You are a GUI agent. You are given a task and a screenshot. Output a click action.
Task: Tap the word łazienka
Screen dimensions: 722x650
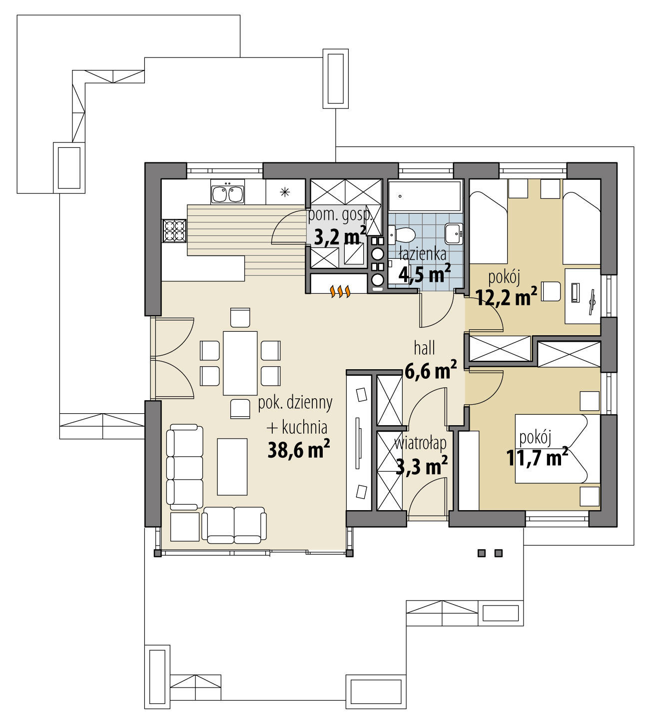423,254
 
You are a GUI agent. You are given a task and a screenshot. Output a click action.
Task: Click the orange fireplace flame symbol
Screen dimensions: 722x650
341,291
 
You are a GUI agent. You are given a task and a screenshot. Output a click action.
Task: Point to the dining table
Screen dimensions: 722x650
240,363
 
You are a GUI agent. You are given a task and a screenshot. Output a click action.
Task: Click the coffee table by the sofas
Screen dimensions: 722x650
232,466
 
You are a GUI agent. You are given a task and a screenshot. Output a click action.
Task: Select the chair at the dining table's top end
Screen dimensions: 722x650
240,318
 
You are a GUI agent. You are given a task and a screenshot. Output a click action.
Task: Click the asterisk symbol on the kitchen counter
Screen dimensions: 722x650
285,190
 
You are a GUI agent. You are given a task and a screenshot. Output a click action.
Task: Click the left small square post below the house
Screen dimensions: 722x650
482,553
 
